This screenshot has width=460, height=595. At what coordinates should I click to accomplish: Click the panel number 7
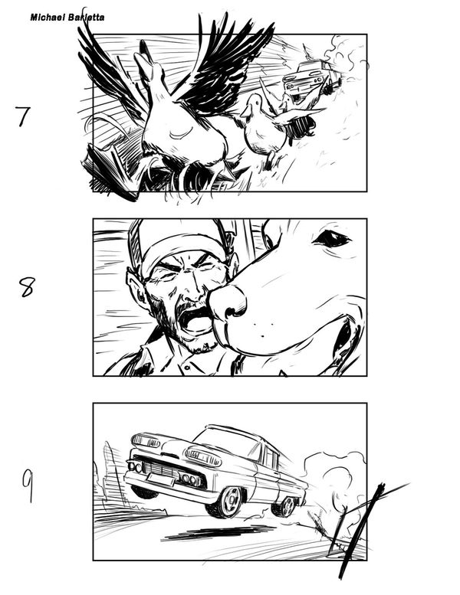23,116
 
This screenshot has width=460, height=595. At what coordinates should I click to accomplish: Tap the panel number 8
26,287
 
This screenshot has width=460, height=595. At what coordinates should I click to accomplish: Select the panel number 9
28,485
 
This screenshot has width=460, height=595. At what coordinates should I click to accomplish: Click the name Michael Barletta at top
67,18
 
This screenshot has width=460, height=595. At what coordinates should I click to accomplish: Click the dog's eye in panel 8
332,238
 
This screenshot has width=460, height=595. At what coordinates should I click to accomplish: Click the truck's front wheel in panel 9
227,502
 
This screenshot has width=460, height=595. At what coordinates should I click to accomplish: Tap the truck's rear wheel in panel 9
287,505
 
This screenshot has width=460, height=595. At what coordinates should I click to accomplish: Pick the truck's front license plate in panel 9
161,479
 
